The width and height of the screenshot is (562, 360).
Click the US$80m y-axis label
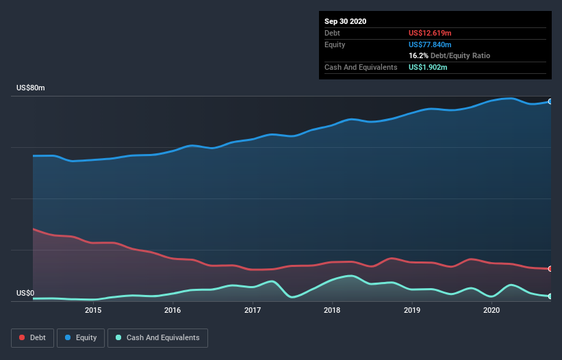[31, 88]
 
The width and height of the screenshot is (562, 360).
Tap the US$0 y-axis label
[25, 294]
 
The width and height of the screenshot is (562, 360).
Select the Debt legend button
[32, 337]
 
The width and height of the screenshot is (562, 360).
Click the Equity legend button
[81, 337]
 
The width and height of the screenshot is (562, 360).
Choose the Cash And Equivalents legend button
[157, 337]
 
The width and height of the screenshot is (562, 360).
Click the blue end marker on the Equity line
[550, 101]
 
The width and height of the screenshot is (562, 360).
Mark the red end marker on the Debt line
[550, 268]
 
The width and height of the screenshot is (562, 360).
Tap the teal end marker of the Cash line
[550, 296]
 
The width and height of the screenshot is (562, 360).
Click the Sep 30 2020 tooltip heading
[346, 21]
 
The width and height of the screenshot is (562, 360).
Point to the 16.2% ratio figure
[418, 55]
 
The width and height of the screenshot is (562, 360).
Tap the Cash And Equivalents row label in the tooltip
[361, 67]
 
